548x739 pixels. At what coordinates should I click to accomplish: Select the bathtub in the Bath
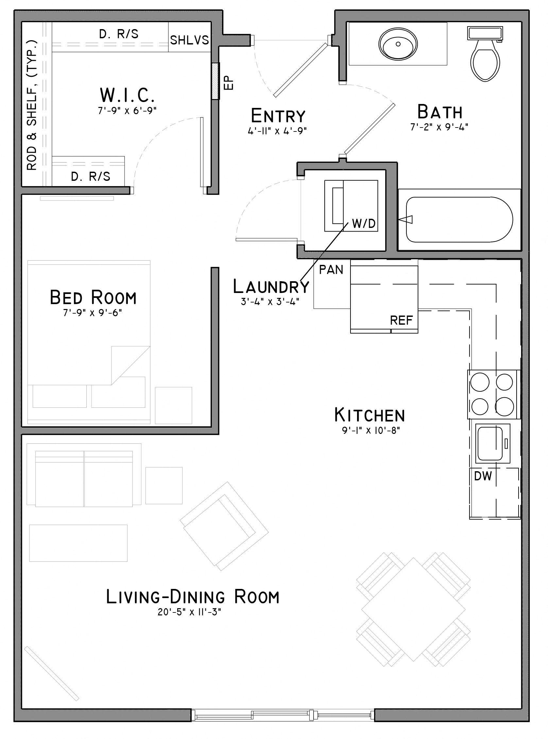click(x=459, y=220)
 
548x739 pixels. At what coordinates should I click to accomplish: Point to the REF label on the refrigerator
click(x=402, y=320)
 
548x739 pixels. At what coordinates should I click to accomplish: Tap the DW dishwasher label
click(x=483, y=477)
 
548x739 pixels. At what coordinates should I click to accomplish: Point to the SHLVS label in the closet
click(x=189, y=40)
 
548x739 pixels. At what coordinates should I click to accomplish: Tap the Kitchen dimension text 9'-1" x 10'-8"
click(x=371, y=431)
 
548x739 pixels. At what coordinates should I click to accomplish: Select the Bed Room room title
click(x=93, y=298)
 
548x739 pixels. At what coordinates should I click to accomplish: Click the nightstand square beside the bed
click(x=174, y=405)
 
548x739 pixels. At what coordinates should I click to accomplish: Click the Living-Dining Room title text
click(x=193, y=597)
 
